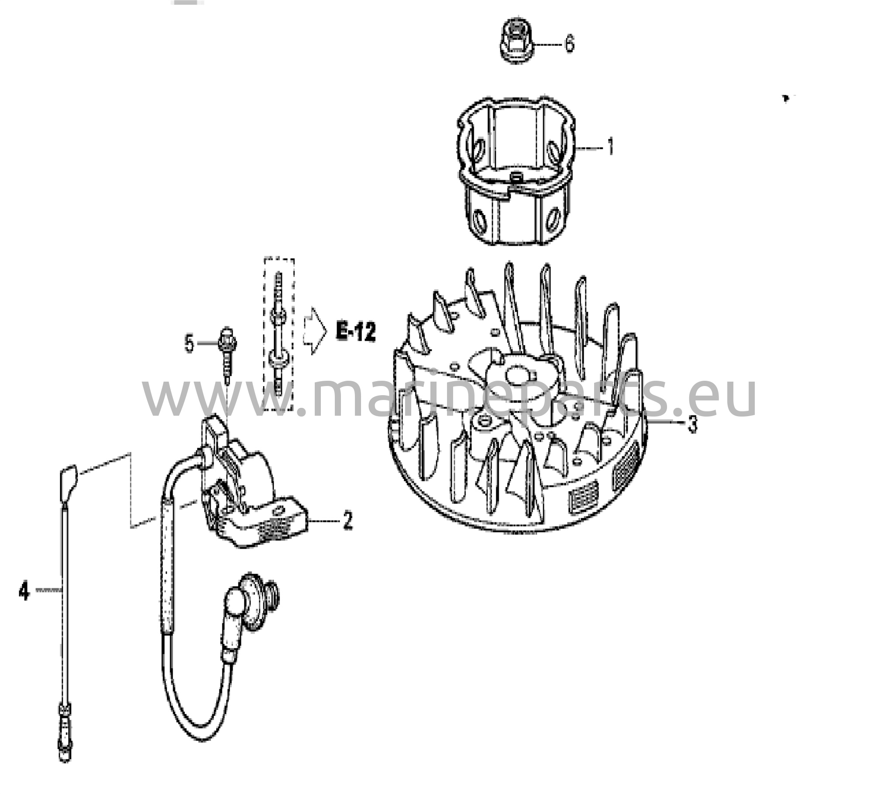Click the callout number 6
(569, 44)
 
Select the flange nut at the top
(519, 42)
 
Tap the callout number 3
(692, 424)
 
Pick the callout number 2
(347, 521)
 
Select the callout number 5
(189, 344)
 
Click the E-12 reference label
(356, 332)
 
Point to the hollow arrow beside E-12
(314, 331)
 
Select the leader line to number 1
(590, 148)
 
